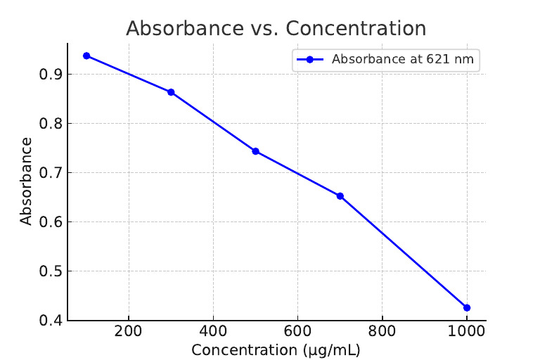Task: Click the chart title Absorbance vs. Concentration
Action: click(276, 29)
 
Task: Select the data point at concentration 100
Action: click(86, 56)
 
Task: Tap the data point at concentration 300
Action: click(171, 92)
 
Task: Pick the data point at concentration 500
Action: click(255, 151)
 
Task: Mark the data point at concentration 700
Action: click(340, 196)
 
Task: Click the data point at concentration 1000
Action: click(466, 307)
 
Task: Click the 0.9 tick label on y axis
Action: click(51, 75)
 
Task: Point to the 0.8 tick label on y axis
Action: click(51, 124)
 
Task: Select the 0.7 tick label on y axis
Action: click(51, 173)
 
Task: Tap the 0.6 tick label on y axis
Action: click(51, 222)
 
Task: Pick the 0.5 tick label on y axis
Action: click(51, 271)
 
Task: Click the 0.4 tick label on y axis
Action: click(51, 321)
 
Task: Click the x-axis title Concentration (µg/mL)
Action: click(276, 350)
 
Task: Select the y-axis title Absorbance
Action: click(26, 181)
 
